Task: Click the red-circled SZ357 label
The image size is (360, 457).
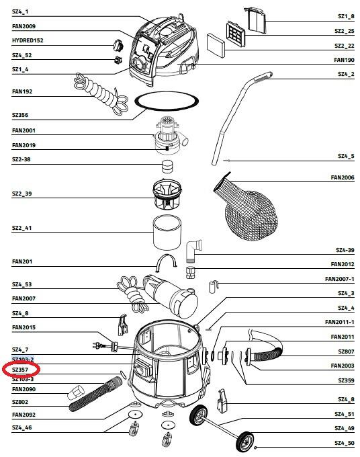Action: pyautogui.click(x=20, y=370)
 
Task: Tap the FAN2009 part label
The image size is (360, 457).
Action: pyautogui.click(x=24, y=26)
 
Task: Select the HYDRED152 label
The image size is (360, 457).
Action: pyautogui.click(x=28, y=40)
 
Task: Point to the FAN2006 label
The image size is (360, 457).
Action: pyautogui.click(x=343, y=177)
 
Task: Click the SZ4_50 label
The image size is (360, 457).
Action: pyautogui.click(x=345, y=443)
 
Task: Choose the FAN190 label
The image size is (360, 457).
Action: pyautogui.click(x=345, y=60)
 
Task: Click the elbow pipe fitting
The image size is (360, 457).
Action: pyautogui.click(x=193, y=250)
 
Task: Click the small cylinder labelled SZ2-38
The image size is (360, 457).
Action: pyautogui.click(x=167, y=167)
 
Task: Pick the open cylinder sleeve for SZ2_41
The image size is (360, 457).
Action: pyautogui.click(x=167, y=233)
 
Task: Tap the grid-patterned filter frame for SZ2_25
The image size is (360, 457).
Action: pyautogui.click(x=235, y=34)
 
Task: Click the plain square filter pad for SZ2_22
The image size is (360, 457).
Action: pyautogui.click(x=216, y=46)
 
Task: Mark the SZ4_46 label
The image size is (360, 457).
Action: pyautogui.click(x=22, y=427)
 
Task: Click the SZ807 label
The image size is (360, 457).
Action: pyautogui.click(x=347, y=351)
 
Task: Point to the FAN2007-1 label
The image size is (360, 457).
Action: pyautogui.click(x=340, y=279)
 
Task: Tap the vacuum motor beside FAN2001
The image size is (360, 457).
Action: pyautogui.click(x=169, y=136)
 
